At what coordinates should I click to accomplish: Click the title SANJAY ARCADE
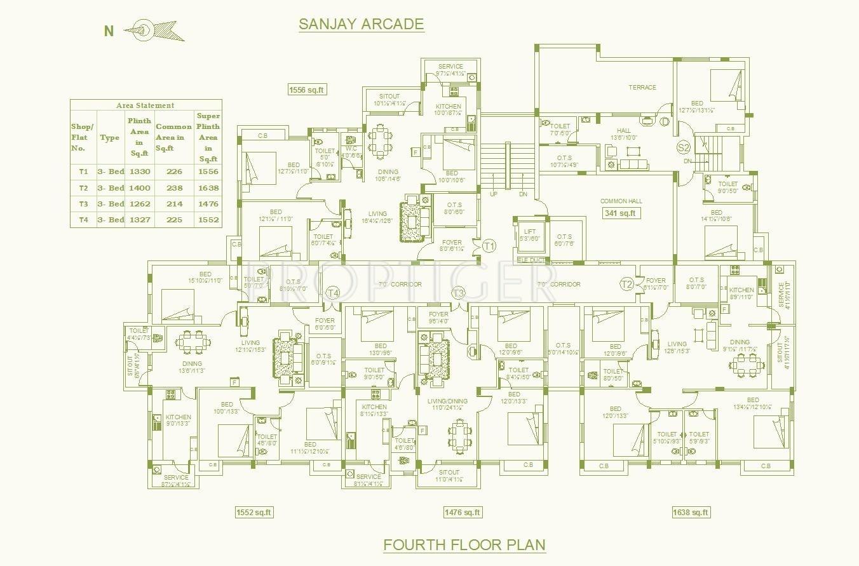click(361, 24)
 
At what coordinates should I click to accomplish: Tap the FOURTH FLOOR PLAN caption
click(464, 544)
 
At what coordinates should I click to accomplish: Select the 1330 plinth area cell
click(139, 172)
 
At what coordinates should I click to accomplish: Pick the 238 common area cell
click(173, 188)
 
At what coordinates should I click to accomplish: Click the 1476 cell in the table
click(208, 204)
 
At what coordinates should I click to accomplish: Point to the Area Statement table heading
click(145, 105)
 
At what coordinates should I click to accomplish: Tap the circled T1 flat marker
click(489, 245)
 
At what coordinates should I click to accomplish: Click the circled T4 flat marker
click(333, 292)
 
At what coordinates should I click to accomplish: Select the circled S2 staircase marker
click(684, 148)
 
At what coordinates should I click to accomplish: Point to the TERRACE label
click(642, 87)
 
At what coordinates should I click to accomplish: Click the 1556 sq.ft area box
click(307, 90)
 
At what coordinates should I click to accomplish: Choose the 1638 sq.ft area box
click(691, 512)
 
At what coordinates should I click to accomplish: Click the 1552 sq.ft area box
click(254, 512)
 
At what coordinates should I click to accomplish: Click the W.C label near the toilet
click(351, 149)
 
